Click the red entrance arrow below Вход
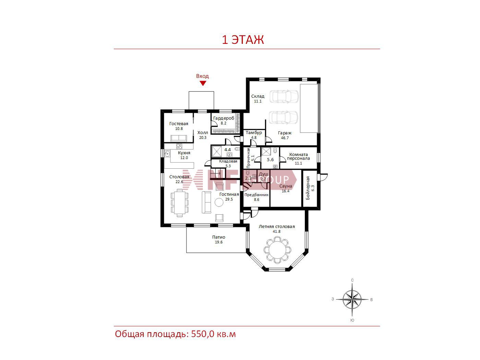pyautogui.click(x=203, y=83)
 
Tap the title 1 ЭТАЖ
pyautogui.click(x=243, y=40)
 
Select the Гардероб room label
pyautogui.click(x=224, y=118)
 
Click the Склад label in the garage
pyautogui.click(x=257, y=96)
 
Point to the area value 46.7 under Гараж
pyautogui.click(x=285, y=138)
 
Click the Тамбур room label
pyautogui.click(x=254, y=132)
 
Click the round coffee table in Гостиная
pyautogui.click(x=219, y=202)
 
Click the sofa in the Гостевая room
pyautogui.click(x=179, y=138)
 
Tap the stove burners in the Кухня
pyautogui.click(x=179, y=146)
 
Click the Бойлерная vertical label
pyautogui.click(x=308, y=188)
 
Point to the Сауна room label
pyautogui.click(x=286, y=186)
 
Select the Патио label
pyautogui.click(x=218, y=237)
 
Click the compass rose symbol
pyautogui.click(x=352, y=300)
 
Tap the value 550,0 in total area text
pyautogui.click(x=203, y=334)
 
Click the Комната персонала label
pyautogui.click(x=298, y=156)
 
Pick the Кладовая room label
pyautogui.click(x=228, y=161)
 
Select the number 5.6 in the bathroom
pyautogui.click(x=270, y=160)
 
